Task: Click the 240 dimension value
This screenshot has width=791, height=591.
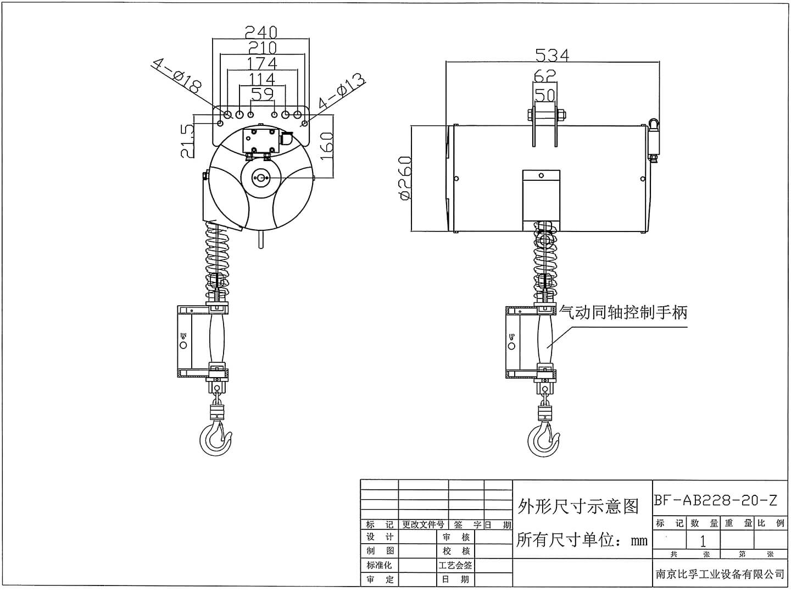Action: coord(261,32)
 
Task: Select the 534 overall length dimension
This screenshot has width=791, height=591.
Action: coord(552,54)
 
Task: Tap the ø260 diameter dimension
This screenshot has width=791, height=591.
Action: coord(405,178)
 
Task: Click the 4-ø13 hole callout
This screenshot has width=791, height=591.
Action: coord(341,92)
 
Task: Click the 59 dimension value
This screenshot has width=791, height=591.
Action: coord(262,94)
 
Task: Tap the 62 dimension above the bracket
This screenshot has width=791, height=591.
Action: coord(544,74)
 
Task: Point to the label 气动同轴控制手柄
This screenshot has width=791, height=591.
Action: coord(623,312)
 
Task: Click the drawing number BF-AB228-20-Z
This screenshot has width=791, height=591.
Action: coord(715,500)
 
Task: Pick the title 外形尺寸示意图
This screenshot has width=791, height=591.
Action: coord(578,506)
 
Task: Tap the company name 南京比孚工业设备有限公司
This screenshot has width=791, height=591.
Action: coord(720,574)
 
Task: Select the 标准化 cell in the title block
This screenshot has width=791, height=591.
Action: coord(380,565)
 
